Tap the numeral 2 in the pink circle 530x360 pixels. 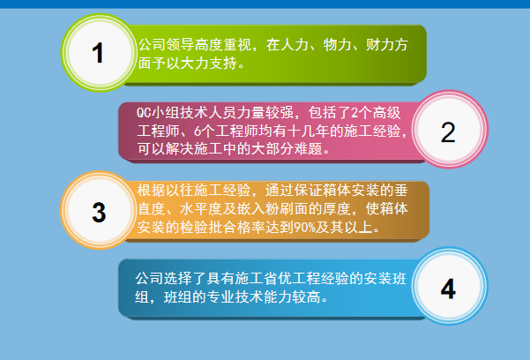click(447, 132)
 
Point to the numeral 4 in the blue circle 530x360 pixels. click(447, 289)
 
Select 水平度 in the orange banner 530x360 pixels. click(199, 209)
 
